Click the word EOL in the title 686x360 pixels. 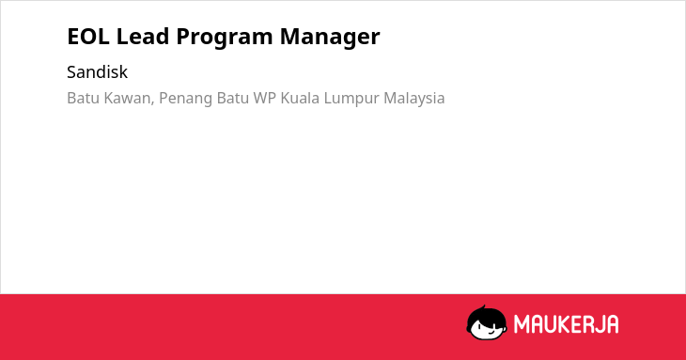click(x=88, y=37)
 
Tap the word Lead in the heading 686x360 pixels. click(x=142, y=37)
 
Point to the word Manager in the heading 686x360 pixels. click(x=330, y=38)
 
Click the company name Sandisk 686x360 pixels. click(x=97, y=72)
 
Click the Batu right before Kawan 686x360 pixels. click(x=83, y=99)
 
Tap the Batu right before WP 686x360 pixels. click(x=233, y=99)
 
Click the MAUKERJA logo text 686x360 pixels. click(x=566, y=324)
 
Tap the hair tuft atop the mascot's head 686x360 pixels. click(x=483, y=308)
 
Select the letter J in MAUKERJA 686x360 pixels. click(x=597, y=324)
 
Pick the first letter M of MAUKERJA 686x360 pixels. click(x=522, y=324)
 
